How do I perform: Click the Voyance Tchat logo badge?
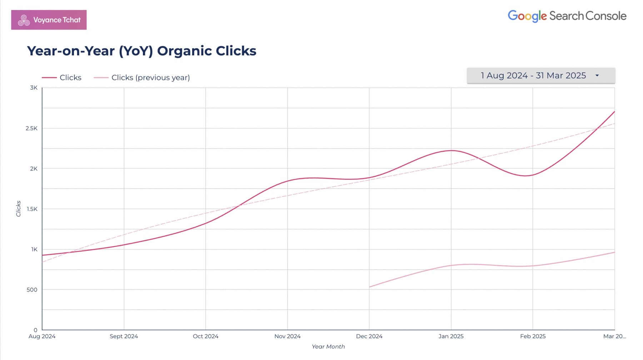(49, 20)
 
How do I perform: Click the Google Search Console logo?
(567, 16)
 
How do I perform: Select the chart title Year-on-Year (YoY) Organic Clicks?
(141, 51)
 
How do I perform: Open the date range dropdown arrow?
(597, 76)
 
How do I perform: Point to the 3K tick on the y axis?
(34, 88)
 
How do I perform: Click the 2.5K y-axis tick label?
(31, 128)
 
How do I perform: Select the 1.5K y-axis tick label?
(32, 209)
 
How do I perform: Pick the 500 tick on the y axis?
(32, 290)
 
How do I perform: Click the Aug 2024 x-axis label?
(42, 336)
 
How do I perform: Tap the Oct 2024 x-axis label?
(205, 336)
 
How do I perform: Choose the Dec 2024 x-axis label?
(369, 336)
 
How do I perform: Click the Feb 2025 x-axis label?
(533, 336)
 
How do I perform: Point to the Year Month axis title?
(328, 346)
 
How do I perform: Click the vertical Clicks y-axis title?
(19, 209)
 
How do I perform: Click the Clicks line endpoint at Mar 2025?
(614, 112)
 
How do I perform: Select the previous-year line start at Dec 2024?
(369, 287)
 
